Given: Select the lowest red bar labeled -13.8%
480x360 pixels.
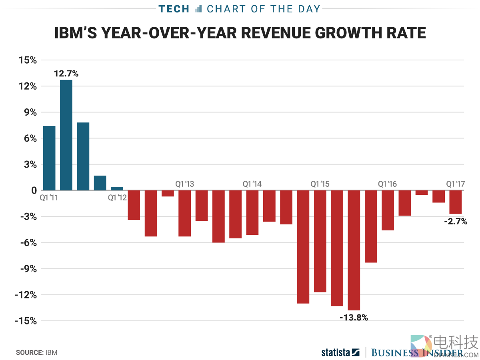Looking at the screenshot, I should (354, 250).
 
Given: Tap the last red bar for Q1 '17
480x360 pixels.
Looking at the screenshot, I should (455, 202).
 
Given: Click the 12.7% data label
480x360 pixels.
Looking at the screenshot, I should (66, 74).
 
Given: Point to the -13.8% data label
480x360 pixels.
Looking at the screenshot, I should (354, 318).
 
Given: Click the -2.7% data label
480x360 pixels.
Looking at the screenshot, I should (456, 221).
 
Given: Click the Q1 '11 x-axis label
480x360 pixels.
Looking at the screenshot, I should (49, 197).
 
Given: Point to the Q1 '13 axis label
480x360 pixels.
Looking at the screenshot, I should (185, 184).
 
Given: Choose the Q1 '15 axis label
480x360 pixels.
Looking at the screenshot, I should (320, 184).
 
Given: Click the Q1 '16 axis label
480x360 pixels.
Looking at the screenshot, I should (388, 184).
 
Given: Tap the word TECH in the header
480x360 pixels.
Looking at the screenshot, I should (174, 9).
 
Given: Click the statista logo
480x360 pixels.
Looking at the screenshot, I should (340, 352).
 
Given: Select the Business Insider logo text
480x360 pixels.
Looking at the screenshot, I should (416, 352).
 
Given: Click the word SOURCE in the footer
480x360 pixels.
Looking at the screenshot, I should (29, 353).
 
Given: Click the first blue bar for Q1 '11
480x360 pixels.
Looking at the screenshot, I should (49, 158).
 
